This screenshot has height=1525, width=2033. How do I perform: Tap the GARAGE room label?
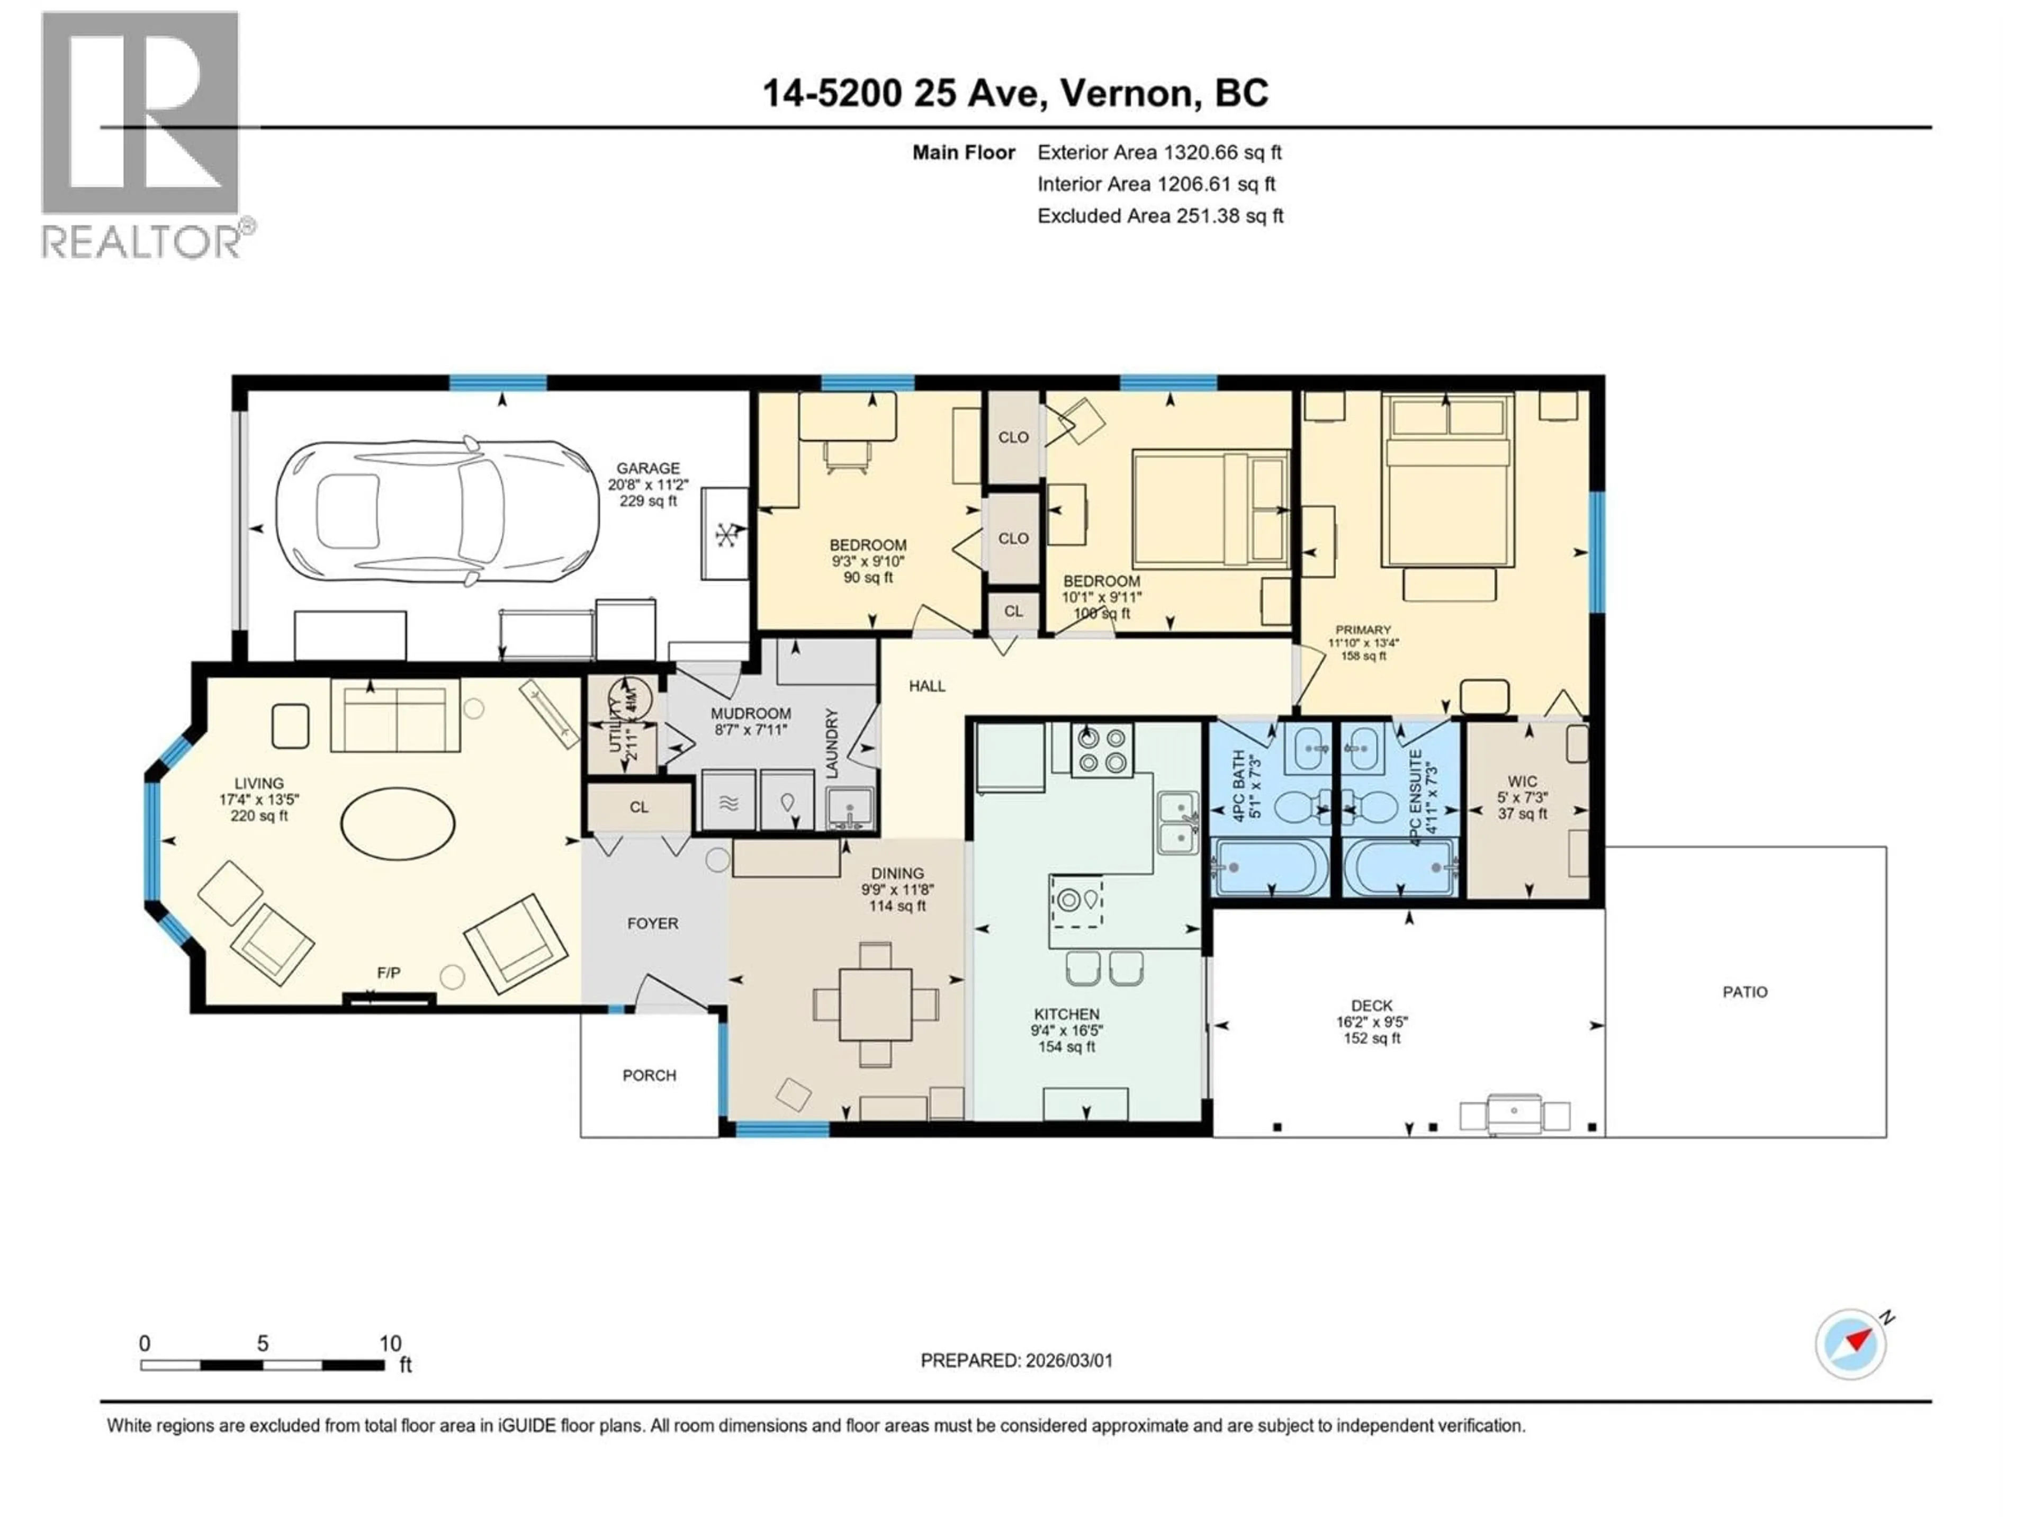tap(648, 468)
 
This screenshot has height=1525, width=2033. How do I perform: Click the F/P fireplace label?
tap(389, 973)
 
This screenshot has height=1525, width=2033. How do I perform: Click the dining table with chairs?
tap(875, 1004)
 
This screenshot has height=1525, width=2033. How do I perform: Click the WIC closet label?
tap(1522, 782)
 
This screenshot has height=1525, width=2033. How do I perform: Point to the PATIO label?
tap(1744, 992)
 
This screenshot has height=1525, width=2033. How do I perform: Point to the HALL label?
tap(926, 686)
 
